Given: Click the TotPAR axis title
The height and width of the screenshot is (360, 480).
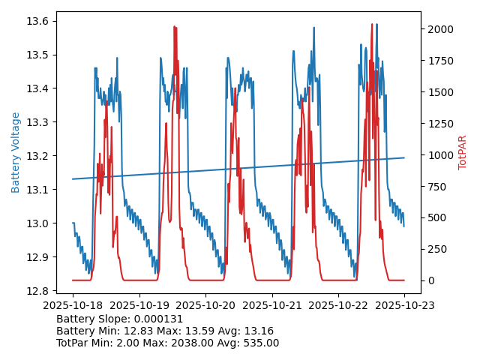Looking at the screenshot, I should point(462,152).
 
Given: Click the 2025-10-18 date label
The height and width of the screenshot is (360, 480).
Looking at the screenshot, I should point(73,305).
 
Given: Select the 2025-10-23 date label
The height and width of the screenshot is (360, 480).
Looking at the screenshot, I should point(404,305).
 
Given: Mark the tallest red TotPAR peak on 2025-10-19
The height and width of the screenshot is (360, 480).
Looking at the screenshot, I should point(174,26).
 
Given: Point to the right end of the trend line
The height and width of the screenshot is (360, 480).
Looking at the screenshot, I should point(404,157).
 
